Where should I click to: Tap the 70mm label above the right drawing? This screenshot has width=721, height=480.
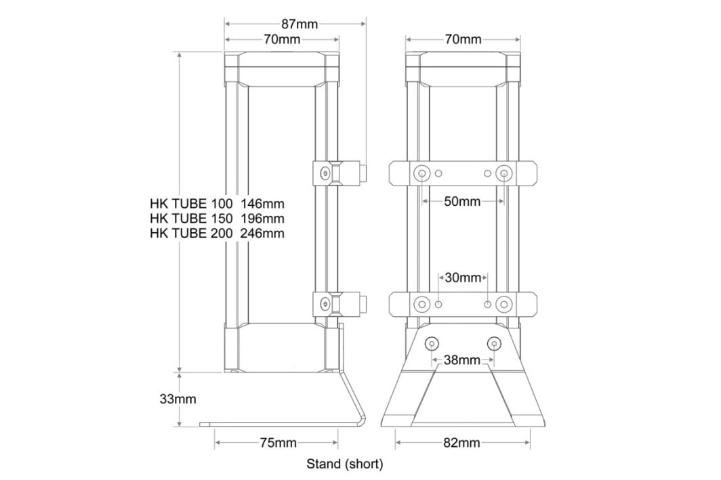tap(463, 39)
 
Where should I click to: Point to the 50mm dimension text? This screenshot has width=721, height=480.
tap(462, 202)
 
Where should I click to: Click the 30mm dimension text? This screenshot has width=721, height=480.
tap(463, 278)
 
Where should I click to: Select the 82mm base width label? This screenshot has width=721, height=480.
tap(462, 443)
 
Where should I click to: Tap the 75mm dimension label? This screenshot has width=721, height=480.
tap(278, 443)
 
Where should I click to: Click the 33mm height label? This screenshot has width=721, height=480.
tap(178, 399)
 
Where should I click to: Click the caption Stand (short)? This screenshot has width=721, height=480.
tap(345, 464)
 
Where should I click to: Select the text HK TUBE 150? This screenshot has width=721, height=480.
tap(191, 218)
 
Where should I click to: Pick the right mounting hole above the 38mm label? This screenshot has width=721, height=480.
tap(494, 345)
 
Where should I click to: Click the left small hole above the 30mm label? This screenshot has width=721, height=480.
tap(439, 304)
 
